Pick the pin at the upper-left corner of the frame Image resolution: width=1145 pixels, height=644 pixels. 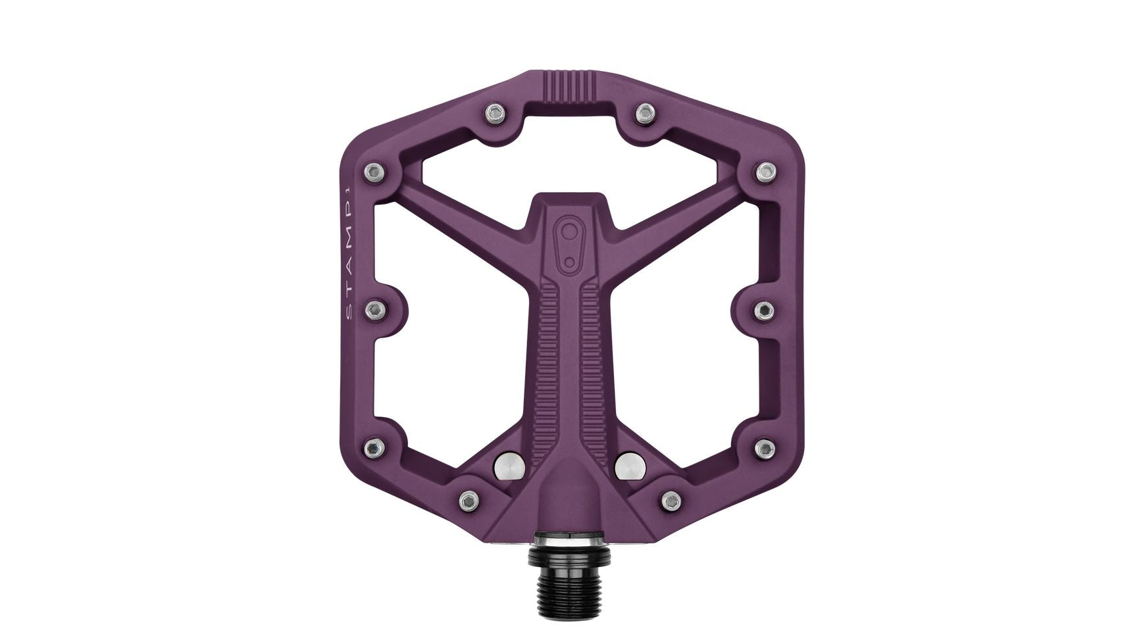pos(375,172)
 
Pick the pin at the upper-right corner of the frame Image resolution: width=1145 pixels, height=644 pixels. pos(763,172)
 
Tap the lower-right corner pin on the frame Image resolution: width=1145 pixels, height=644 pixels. pos(763,448)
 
